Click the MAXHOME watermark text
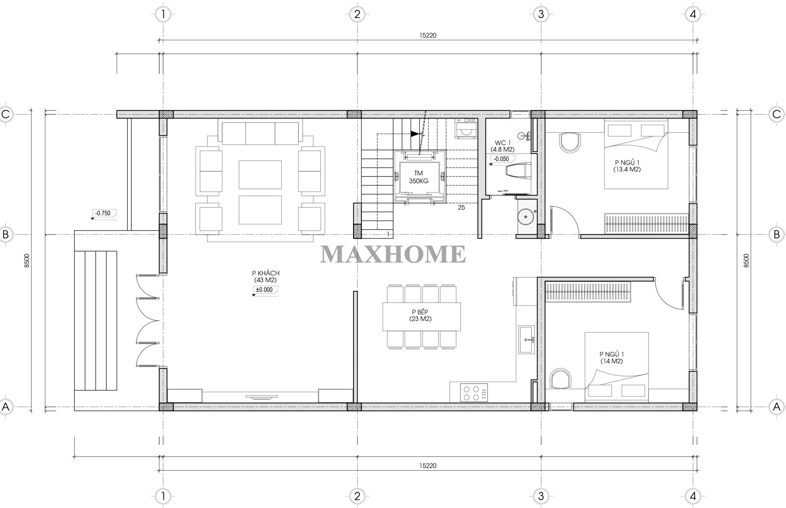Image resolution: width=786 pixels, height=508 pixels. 393,254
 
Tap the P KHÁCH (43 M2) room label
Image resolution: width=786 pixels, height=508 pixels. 266,277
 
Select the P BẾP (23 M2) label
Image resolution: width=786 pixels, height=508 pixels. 420,316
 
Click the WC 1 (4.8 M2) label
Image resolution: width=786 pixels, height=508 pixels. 502,146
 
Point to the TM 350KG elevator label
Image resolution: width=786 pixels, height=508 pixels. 418,177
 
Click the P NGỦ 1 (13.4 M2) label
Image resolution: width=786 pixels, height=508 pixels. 627,166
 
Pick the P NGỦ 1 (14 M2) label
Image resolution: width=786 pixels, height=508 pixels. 612,358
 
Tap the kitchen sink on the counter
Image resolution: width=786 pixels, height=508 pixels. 527,339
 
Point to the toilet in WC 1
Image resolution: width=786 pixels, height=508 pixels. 519,171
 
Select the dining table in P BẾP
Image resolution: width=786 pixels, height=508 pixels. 421,316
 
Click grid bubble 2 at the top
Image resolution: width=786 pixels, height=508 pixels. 357,14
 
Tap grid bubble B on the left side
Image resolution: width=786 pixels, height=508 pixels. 6,235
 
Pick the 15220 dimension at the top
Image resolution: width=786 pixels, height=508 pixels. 428,35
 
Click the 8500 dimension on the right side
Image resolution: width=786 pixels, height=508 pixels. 746,260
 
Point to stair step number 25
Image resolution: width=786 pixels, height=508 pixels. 461,208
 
